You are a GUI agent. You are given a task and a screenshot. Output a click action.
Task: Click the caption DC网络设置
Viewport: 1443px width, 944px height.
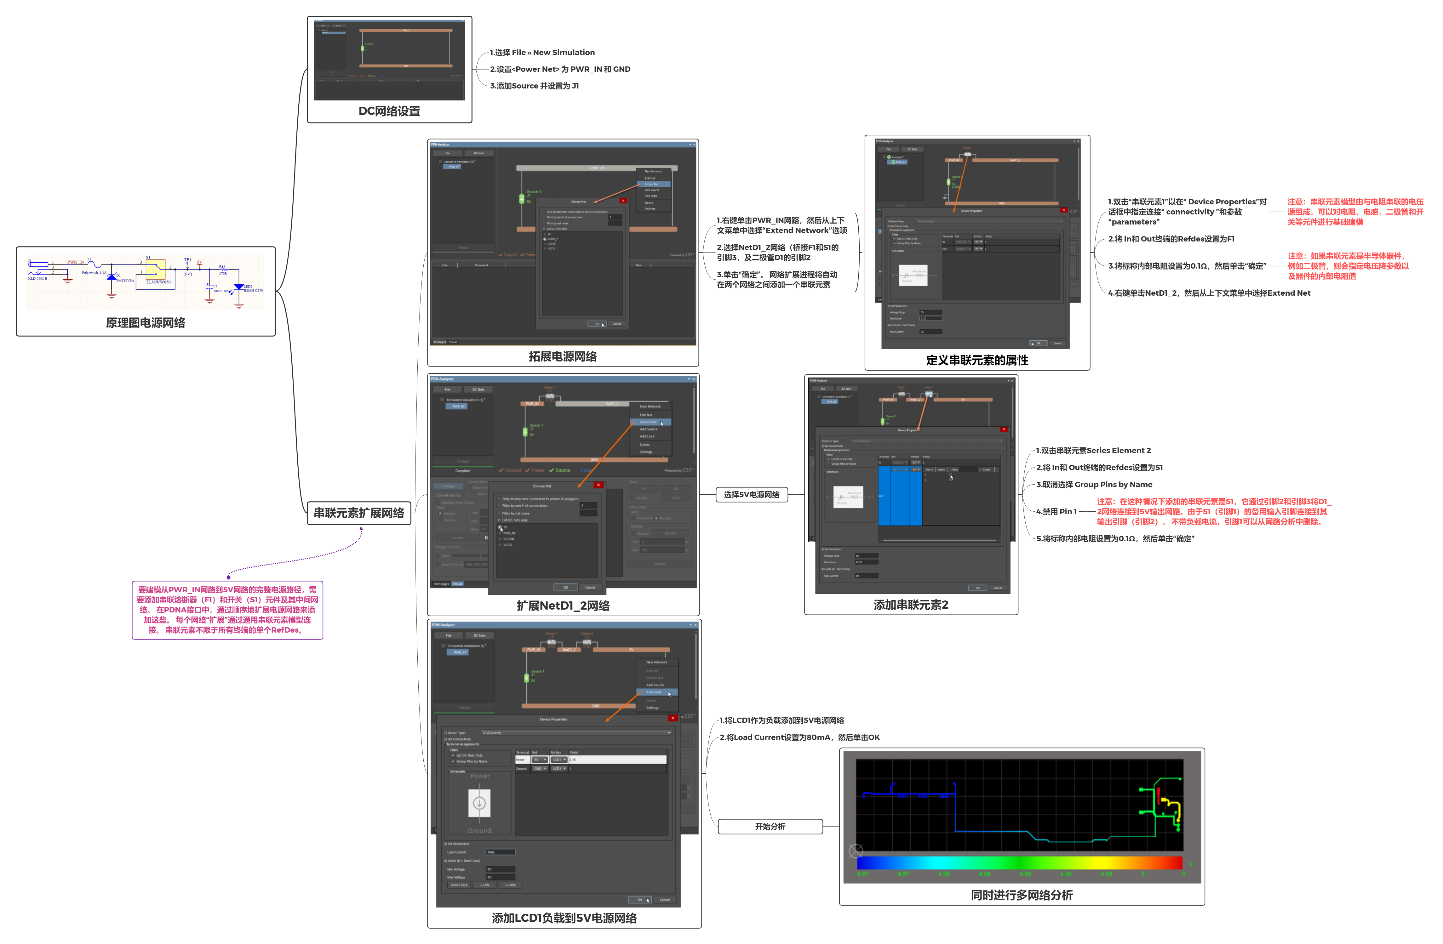click(389, 111)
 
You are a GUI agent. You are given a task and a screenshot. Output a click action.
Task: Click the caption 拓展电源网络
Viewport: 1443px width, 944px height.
click(563, 356)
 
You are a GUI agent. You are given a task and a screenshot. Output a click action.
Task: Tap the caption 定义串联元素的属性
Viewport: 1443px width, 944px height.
click(977, 360)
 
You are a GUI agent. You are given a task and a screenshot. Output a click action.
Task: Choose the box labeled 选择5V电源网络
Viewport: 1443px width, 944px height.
click(751, 494)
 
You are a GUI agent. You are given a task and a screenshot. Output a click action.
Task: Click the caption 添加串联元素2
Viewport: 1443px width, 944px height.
click(911, 605)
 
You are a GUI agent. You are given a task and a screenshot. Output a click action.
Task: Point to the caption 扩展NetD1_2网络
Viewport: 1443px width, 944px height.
click(563, 605)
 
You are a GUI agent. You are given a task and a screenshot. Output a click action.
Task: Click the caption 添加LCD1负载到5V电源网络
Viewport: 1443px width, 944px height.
click(564, 918)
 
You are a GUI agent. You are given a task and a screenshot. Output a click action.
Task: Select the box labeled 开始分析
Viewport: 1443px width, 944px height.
click(770, 827)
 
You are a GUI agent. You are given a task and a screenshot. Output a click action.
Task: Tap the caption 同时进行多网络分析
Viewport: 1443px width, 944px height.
click(1022, 895)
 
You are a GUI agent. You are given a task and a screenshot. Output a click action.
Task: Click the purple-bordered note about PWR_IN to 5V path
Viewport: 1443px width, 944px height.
click(227, 610)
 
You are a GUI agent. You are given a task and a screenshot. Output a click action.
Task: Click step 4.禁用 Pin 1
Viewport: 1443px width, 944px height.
click(1056, 511)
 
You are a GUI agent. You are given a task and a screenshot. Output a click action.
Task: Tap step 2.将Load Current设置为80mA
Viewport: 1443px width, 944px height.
click(799, 737)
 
